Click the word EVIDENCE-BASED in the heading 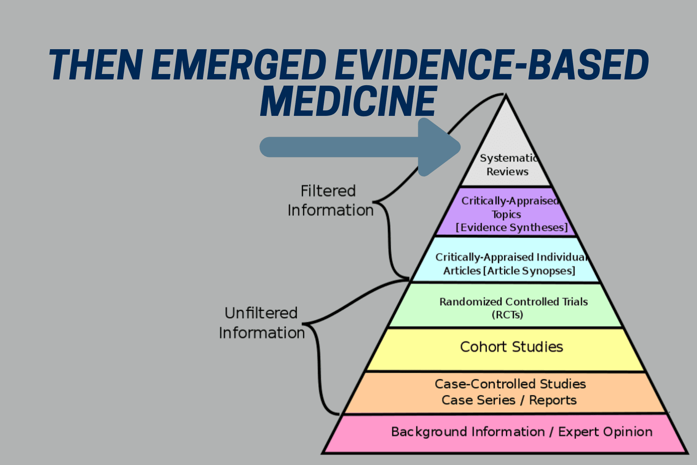(492, 65)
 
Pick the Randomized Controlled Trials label (513, 301)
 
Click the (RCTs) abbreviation (507, 315)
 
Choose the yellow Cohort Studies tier (511, 347)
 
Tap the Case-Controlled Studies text (510, 384)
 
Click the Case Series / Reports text (509, 400)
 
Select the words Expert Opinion (605, 432)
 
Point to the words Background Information (468, 432)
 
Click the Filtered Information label (330, 201)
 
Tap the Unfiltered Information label (261, 323)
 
